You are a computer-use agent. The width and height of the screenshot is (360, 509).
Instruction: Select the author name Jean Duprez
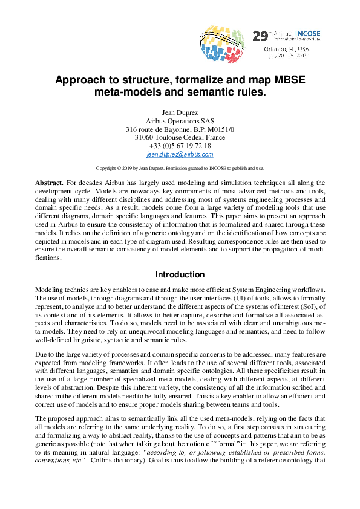tap(180, 112)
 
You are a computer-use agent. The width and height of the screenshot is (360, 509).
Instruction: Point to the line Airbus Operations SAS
tap(180, 121)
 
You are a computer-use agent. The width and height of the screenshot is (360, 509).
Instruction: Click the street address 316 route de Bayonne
tap(180, 129)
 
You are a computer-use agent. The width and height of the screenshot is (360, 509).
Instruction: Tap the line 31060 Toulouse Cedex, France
tap(180, 138)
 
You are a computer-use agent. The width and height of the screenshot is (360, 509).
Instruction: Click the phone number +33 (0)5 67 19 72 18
tap(180, 146)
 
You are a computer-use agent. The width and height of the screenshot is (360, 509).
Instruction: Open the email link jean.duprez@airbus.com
tap(180, 155)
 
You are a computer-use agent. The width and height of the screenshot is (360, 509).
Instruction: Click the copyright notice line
tap(180, 168)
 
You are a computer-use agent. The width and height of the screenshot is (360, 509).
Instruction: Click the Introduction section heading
tap(180, 274)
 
